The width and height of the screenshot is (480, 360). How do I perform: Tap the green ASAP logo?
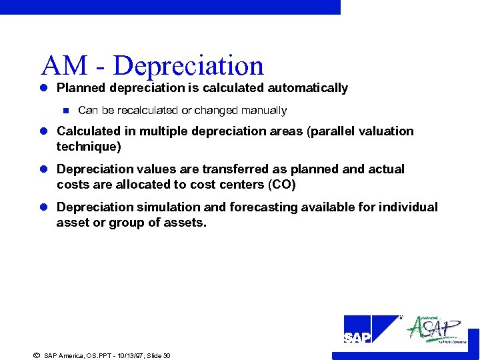point(437,329)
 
